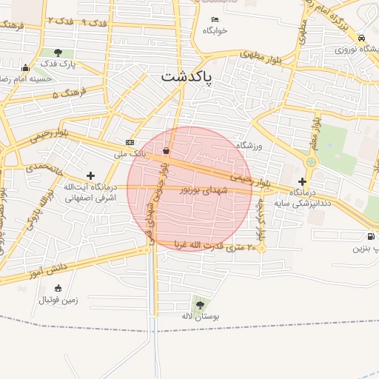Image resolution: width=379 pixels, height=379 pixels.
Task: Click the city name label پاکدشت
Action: [x=187, y=76]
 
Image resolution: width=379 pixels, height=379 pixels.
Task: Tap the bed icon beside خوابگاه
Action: [x=215, y=19]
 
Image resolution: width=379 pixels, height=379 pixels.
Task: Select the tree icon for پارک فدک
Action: [x=58, y=53]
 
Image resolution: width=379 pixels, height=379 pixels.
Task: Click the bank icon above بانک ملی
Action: [x=130, y=142]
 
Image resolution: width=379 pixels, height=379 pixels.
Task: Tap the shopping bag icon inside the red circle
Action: [x=165, y=151]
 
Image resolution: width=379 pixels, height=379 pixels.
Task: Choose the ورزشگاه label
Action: [x=249, y=147]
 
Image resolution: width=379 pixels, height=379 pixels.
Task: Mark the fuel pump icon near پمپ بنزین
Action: [x=369, y=237]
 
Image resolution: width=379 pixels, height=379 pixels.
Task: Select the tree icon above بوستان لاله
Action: [x=199, y=304]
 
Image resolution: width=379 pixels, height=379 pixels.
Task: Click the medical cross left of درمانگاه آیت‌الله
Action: [x=90, y=175]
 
